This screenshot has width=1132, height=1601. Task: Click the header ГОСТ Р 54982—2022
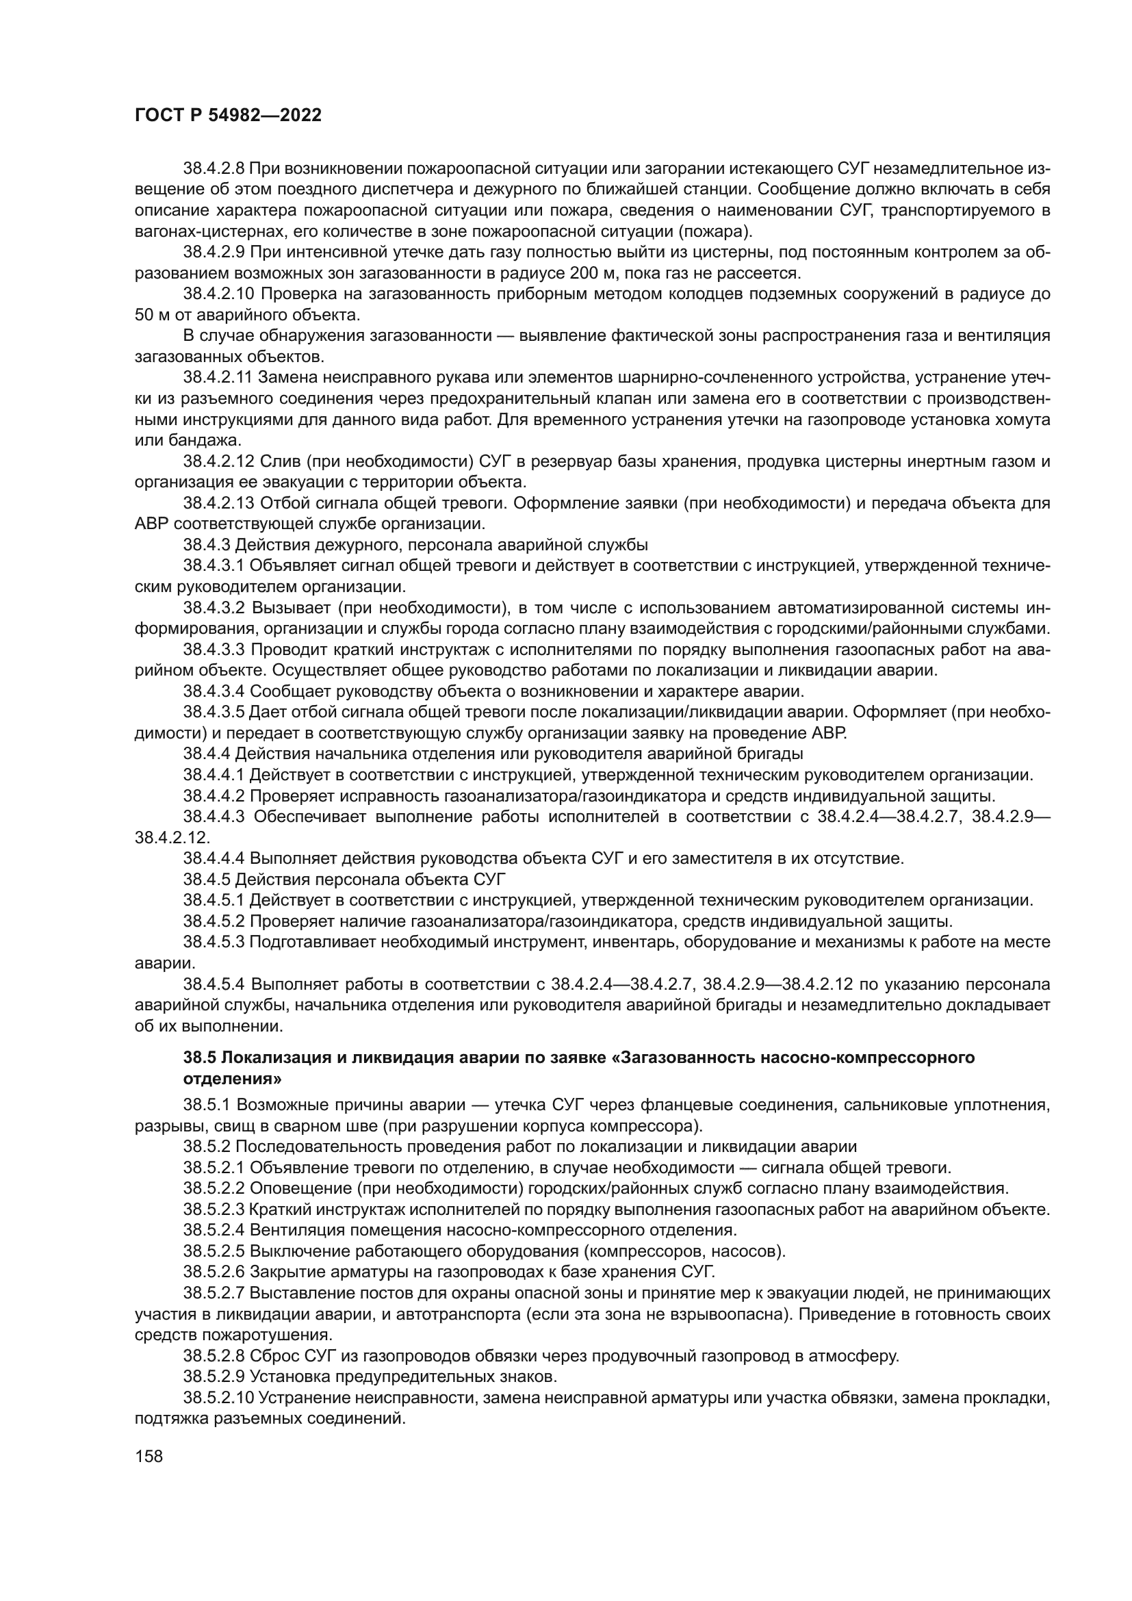(228, 116)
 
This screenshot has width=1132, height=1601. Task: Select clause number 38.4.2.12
(218, 461)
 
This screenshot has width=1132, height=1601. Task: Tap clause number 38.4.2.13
(218, 504)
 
